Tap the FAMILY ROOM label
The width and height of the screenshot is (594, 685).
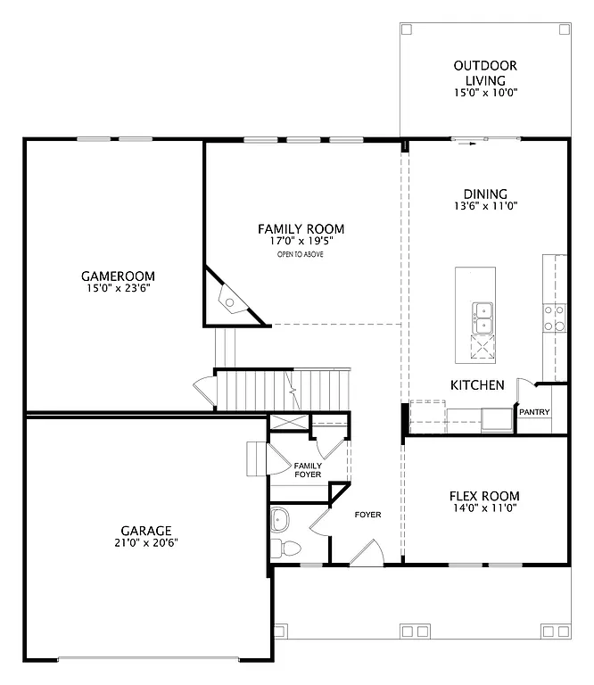click(301, 229)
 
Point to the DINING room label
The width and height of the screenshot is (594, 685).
click(485, 194)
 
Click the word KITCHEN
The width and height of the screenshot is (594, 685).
click(477, 385)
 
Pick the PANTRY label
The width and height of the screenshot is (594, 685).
click(534, 412)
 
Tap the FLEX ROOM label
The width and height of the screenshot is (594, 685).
click(485, 496)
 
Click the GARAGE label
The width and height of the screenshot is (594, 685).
click(146, 530)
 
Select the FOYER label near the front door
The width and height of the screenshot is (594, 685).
click(367, 515)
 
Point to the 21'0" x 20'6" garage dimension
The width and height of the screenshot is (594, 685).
click(146, 543)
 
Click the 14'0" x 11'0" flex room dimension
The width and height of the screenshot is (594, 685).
click(485, 509)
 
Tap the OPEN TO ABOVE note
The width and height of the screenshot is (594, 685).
click(301, 255)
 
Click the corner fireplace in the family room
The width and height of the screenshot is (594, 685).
click(231, 300)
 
